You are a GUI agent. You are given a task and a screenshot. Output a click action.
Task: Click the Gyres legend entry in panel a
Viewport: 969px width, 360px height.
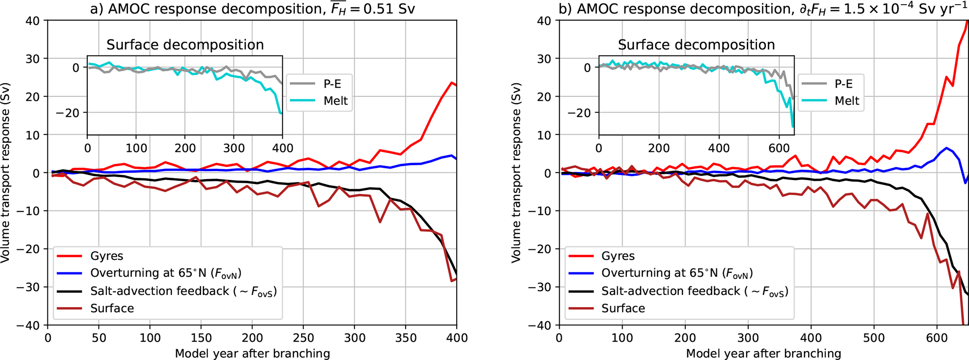coord(106,256)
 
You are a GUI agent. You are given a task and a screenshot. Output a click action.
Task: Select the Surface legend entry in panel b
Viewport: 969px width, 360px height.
coord(623,308)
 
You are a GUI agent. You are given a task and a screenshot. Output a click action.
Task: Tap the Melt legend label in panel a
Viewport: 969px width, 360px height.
coord(336,101)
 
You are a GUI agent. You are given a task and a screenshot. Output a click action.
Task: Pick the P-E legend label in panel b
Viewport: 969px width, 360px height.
coord(843,84)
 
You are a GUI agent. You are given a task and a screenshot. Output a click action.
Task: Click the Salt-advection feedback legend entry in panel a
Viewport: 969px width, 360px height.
coord(183,291)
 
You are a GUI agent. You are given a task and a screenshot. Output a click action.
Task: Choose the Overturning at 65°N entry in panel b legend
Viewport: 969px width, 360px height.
coord(677,273)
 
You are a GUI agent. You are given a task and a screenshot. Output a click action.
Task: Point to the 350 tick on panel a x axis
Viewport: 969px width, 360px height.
coord(405,338)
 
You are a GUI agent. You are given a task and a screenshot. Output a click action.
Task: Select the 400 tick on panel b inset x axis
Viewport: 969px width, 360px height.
coord(719,148)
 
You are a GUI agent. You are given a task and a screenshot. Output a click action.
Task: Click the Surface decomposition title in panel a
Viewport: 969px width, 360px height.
coord(185,45)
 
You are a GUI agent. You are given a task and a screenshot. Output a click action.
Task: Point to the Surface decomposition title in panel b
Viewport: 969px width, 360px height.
coord(696,45)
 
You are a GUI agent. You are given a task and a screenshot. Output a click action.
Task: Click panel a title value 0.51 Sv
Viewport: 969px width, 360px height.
coord(391,9)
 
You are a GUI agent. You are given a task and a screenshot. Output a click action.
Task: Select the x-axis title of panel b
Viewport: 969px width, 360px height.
coord(763,353)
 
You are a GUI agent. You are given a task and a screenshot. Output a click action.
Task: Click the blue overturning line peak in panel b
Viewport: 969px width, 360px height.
coord(946,148)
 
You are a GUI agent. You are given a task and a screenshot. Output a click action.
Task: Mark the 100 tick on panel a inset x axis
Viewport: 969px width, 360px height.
coord(136,148)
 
